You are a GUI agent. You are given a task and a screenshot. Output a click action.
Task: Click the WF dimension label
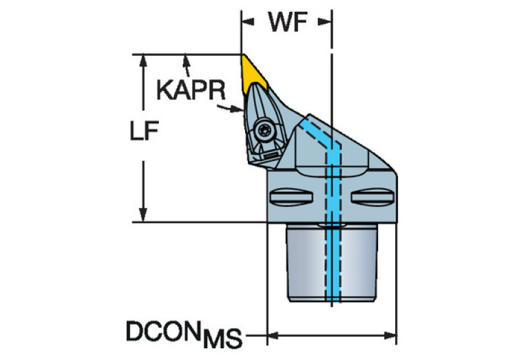[x=287, y=22]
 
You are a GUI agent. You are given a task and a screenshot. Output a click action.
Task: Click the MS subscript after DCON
[x=226, y=338]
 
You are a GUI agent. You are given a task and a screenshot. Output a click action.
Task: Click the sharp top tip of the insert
[x=242, y=56]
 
